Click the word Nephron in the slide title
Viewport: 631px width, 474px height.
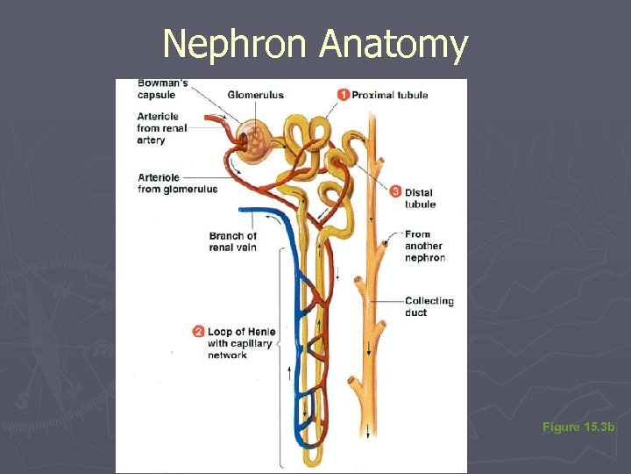click(x=236, y=44)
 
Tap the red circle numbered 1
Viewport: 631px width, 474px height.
click(x=344, y=95)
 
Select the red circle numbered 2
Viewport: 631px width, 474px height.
click(x=199, y=332)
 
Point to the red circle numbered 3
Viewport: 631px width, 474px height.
click(x=396, y=191)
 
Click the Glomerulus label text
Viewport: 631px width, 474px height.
click(x=256, y=95)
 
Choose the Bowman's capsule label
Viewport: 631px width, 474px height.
click(x=163, y=89)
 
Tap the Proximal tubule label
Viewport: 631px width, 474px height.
click(x=390, y=95)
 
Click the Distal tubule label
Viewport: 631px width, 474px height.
click(x=420, y=198)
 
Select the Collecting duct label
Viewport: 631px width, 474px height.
click(x=429, y=306)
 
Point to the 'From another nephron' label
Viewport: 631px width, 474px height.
click(x=425, y=246)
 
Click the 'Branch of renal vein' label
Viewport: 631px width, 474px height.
click(x=233, y=241)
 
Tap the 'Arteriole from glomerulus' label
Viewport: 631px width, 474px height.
click(x=177, y=183)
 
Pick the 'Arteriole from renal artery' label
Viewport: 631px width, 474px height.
click(x=163, y=128)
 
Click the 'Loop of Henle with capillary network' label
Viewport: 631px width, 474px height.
click(x=241, y=343)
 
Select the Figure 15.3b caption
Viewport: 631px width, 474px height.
click(x=578, y=427)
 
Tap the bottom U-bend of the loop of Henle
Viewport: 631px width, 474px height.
click(x=311, y=458)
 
